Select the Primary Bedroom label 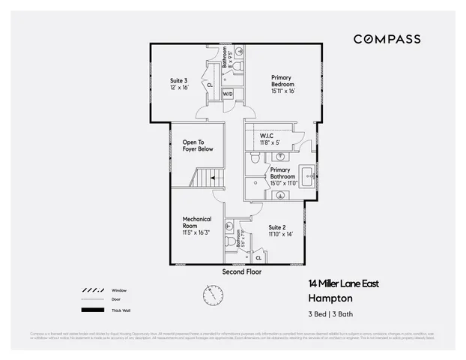coord(282,83)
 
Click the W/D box coord(228,94)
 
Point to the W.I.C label coord(270,139)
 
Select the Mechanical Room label coord(197,224)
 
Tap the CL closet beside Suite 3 coord(210,85)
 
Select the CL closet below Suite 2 coord(258,257)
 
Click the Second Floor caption coord(242,271)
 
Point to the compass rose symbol coord(213,294)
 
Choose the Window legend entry coord(118,289)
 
